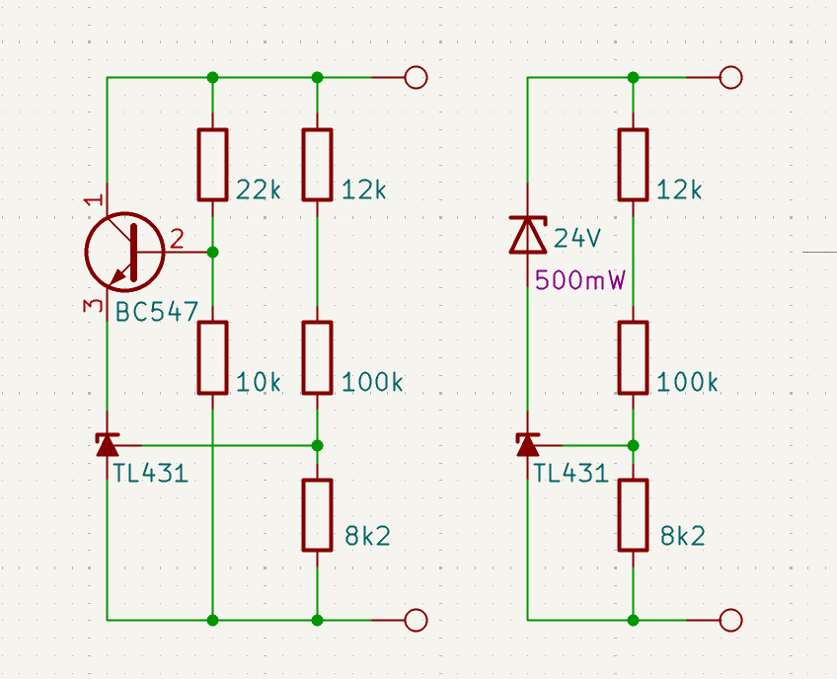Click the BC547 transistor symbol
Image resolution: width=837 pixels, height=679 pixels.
[x=125, y=252]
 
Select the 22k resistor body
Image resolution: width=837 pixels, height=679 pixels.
[x=212, y=165]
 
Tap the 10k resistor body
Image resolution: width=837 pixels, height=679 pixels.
[x=212, y=357]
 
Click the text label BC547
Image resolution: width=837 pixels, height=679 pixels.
[x=156, y=312]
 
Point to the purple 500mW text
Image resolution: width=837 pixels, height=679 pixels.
[x=579, y=280]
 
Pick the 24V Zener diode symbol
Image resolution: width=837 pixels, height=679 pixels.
[x=528, y=234]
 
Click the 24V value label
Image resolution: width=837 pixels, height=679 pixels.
[x=577, y=238]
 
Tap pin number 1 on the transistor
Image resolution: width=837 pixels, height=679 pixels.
[x=94, y=200]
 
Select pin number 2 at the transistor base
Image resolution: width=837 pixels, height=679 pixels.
[x=177, y=239]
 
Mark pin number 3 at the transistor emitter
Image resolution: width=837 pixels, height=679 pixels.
[x=93, y=305]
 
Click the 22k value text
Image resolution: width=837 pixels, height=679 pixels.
[x=259, y=189]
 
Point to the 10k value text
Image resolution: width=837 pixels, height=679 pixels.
[x=259, y=382]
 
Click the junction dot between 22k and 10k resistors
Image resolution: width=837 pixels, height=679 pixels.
[x=212, y=252]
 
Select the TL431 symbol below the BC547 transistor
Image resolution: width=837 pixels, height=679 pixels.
[x=108, y=445]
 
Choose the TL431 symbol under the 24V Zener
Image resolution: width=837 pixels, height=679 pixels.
[x=528, y=445]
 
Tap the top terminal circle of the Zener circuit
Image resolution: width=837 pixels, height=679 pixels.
[x=730, y=78]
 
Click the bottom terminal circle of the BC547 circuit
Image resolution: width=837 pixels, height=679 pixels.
[x=416, y=621]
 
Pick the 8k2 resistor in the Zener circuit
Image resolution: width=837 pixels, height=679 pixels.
[x=633, y=515]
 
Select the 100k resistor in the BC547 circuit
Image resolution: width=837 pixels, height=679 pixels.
[x=317, y=357]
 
